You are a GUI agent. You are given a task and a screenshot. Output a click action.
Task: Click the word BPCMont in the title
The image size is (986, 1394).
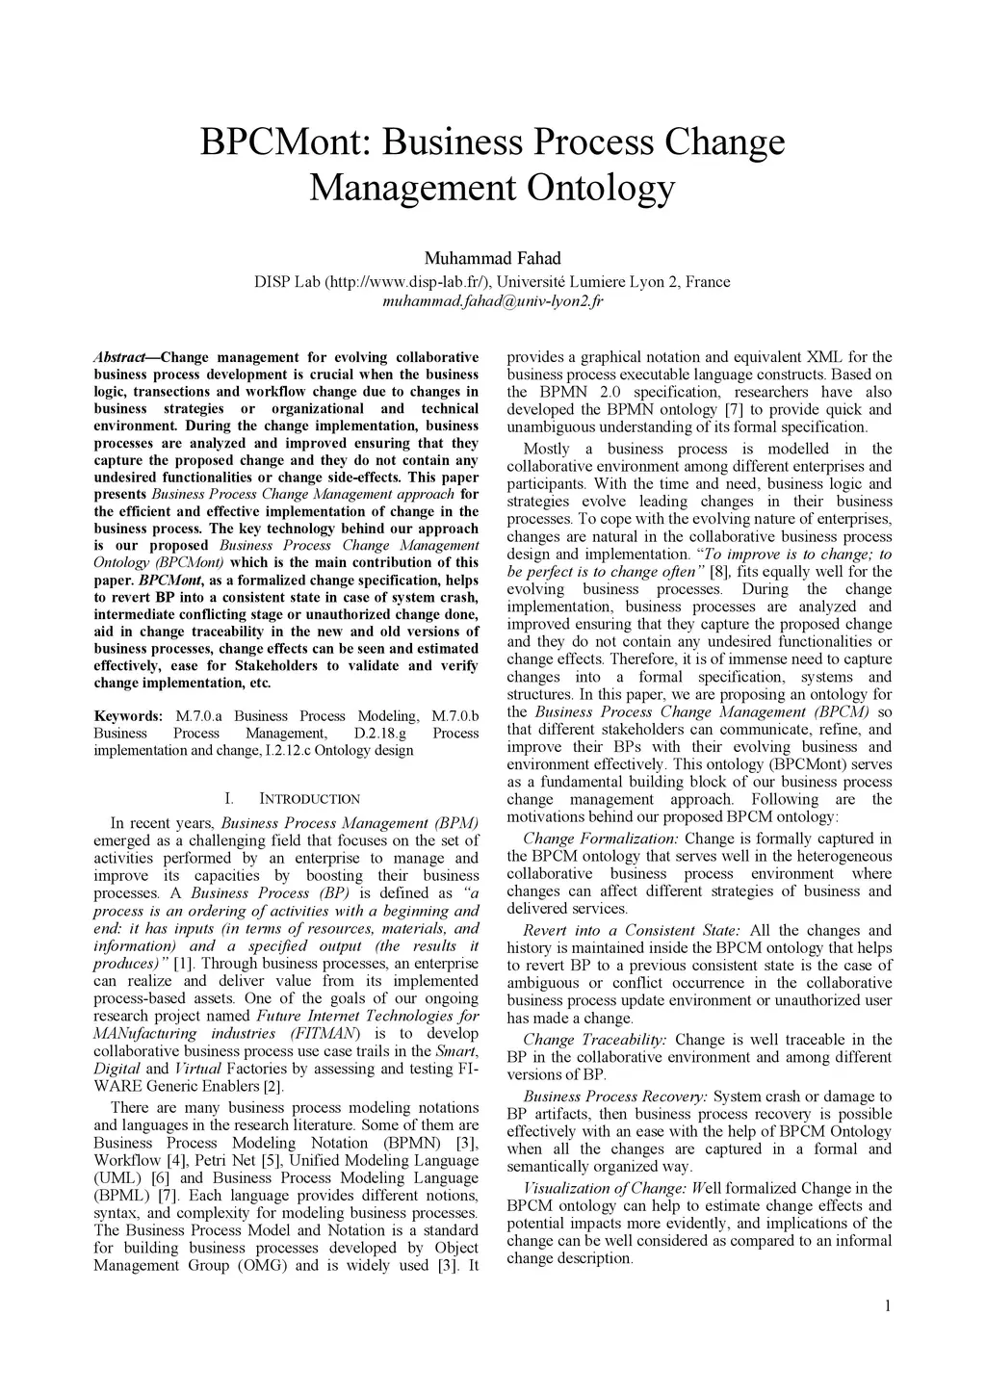pyautogui.click(x=285, y=142)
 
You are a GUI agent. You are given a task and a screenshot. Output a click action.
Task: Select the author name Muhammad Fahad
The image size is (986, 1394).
pyautogui.click(x=492, y=258)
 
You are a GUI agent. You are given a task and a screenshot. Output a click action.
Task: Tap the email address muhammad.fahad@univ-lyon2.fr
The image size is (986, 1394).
pyautogui.click(x=492, y=301)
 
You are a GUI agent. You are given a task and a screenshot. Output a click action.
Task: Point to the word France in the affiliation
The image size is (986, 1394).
pyautogui.click(x=708, y=282)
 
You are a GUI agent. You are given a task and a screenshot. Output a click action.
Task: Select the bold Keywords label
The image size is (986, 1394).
pyautogui.click(x=128, y=716)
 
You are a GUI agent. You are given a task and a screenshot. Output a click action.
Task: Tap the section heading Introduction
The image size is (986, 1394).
pyautogui.click(x=309, y=799)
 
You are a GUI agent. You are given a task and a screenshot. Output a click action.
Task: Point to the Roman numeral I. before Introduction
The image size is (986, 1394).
pyautogui.click(x=228, y=799)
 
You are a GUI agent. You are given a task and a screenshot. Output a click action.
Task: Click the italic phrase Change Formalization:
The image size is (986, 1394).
pyautogui.click(x=600, y=839)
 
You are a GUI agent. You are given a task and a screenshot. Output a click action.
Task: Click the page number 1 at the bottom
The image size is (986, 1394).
pyautogui.click(x=887, y=1306)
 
